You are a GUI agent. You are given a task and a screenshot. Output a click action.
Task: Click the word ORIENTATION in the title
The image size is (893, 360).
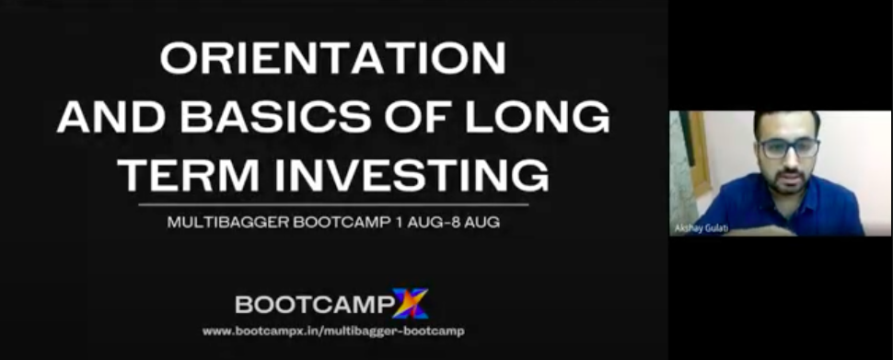click(333, 57)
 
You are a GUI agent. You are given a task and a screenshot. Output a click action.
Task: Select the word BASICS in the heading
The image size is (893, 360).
click(275, 117)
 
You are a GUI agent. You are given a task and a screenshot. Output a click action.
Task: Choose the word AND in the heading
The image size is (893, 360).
click(111, 117)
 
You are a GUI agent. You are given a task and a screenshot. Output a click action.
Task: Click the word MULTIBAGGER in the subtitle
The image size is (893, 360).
click(227, 222)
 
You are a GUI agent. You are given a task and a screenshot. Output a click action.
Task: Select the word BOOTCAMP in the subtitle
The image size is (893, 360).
click(341, 222)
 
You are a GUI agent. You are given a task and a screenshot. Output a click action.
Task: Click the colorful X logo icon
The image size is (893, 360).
click(410, 304)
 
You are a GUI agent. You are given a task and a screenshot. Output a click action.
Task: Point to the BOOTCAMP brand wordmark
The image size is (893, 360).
click(314, 305)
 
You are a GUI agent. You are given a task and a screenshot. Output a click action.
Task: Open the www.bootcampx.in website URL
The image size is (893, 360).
click(333, 331)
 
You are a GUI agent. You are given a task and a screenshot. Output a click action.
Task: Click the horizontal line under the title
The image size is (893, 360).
click(333, 203)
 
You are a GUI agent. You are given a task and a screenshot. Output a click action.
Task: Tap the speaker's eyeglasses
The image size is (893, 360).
click(789, 148)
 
